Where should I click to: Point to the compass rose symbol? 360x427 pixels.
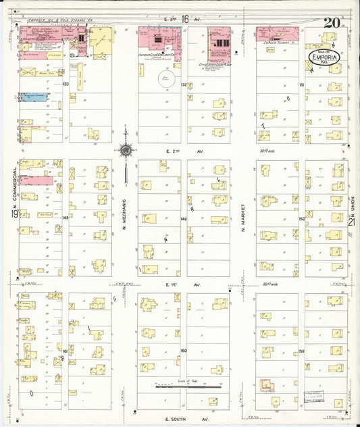(126, 150)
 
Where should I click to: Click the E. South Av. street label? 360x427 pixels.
(178, 413)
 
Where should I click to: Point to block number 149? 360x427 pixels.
(184, 220)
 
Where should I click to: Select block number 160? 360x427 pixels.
(183, 351)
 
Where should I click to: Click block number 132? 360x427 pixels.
(184, 84)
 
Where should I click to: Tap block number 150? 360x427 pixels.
(301, 220)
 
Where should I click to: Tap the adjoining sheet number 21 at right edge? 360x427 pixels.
(351, 222)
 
